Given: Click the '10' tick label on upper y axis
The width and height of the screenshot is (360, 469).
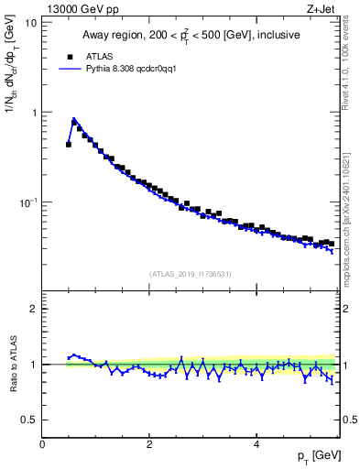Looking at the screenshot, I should click(30, 22).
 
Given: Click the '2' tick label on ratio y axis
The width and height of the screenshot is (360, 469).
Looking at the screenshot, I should click(33, 309).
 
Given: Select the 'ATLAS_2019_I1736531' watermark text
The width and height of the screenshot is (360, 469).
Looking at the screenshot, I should click(190, 273).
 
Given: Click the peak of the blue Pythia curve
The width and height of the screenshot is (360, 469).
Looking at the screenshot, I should click(73, 120).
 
